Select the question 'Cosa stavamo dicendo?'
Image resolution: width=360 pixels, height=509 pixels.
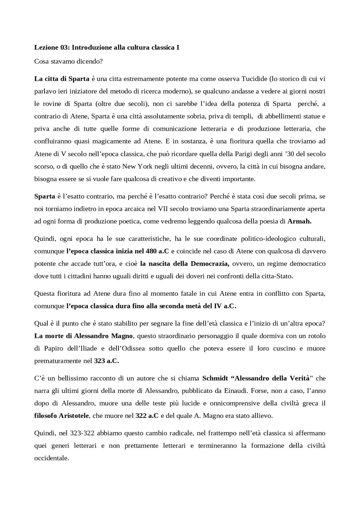tap(68, 61)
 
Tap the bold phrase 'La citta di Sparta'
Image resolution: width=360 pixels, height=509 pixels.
tap(62, 79)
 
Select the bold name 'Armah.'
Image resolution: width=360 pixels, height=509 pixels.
tap(299, 221)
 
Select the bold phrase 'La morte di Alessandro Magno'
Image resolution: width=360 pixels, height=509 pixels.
tap(83, 336)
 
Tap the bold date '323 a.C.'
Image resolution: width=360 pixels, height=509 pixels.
tap(106, 361)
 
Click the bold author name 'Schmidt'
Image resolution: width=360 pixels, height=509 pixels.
tap(215, 378)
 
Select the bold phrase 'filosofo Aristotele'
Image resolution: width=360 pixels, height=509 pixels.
tap(62, 416)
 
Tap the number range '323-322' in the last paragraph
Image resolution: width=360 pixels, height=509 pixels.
tap(82, 433)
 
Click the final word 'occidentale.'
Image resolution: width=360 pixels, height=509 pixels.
tap(51, 458)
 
